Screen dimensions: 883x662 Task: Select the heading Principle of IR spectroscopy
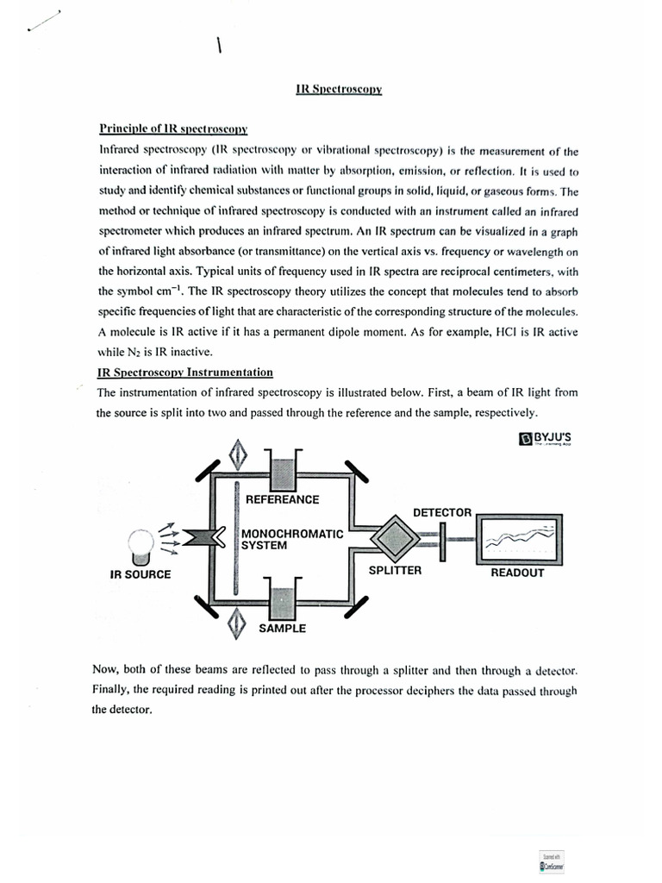(173, 129)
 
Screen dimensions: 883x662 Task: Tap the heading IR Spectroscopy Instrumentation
(185, 373)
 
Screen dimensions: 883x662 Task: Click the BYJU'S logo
(545, 439)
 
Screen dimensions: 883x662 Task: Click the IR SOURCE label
(141, 574)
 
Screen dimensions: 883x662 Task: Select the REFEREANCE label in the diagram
(282, 499)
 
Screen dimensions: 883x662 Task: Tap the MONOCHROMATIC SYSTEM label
(292, 539)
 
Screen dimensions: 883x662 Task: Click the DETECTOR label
(442, 512)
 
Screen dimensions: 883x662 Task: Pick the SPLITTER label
(395, 570)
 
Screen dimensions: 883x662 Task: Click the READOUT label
(517, 572)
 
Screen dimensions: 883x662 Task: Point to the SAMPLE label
(282, 629)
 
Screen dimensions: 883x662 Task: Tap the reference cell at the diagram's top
(282, 469)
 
